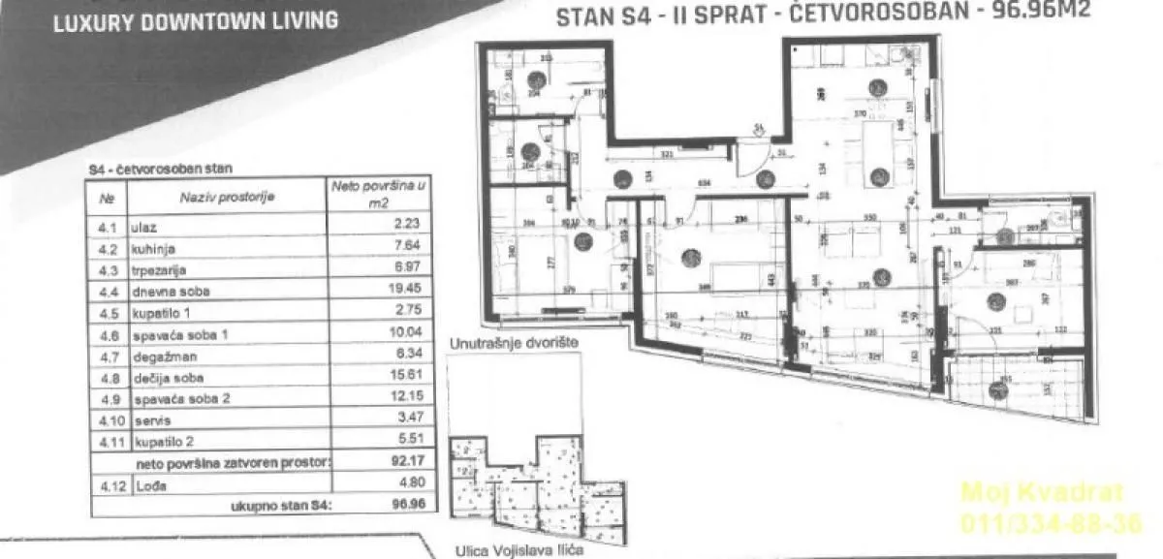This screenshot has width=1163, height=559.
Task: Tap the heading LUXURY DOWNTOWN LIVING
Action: tap(195, 19)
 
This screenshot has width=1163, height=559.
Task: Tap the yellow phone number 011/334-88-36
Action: tap(1051, 523)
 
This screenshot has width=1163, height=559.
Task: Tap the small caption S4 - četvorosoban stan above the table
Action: tap(159, 168)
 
